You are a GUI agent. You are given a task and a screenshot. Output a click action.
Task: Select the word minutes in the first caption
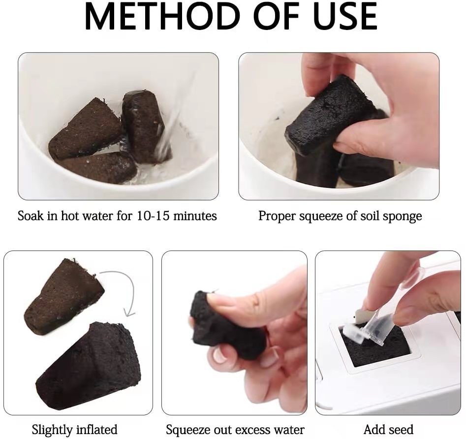194,216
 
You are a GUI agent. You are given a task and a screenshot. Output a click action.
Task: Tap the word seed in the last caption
401,430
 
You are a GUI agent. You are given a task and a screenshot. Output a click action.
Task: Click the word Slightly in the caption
51,430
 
